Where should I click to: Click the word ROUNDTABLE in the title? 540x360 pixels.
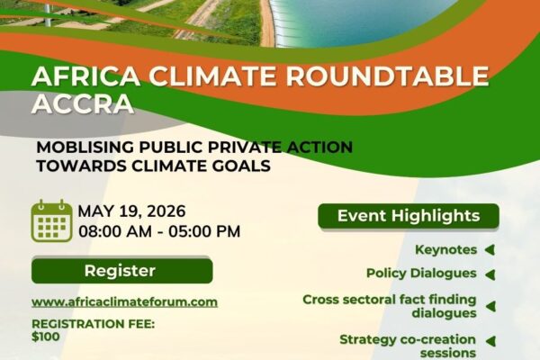pyautogui.click(x=387, y=76)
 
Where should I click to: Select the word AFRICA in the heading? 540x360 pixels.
pyautogui.click(x=85, y=76)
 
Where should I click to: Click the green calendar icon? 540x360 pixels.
pyautogui.click(x=52, y=220)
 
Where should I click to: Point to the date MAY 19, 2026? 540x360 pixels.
pyautogui.click(x=132, y=211)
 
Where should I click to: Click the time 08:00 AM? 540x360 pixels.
pyautogui.click(x=115, y=231)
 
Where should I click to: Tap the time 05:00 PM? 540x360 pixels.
pyautogui.click(x=204, y=231)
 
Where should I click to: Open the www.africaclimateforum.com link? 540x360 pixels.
pyautogui.click(x=125, y=302)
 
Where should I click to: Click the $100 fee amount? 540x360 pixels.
pyautogui.click(x=46, y=337)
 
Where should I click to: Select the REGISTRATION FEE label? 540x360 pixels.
pyautogui.click(x=94, y=324)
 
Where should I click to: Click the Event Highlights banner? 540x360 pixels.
pyautogui.click(x=409, y=216)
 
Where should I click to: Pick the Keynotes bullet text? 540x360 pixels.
pyautogui.click(x=446, y=250)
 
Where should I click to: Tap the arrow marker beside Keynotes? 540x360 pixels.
pyautogui.click(x=490, y=250)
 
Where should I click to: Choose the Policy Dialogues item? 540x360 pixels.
pyautogui.click(x=421, y=274)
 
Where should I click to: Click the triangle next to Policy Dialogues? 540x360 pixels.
pyautogui.click(x=490, y=274)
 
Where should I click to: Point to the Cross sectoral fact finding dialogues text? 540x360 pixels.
pyautogui.click(x=390, y=306)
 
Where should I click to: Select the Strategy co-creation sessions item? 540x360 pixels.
pyautogui.click(x=408, y=346)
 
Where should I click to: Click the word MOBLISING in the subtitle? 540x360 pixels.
pyautogui.click(x=85, y=147)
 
